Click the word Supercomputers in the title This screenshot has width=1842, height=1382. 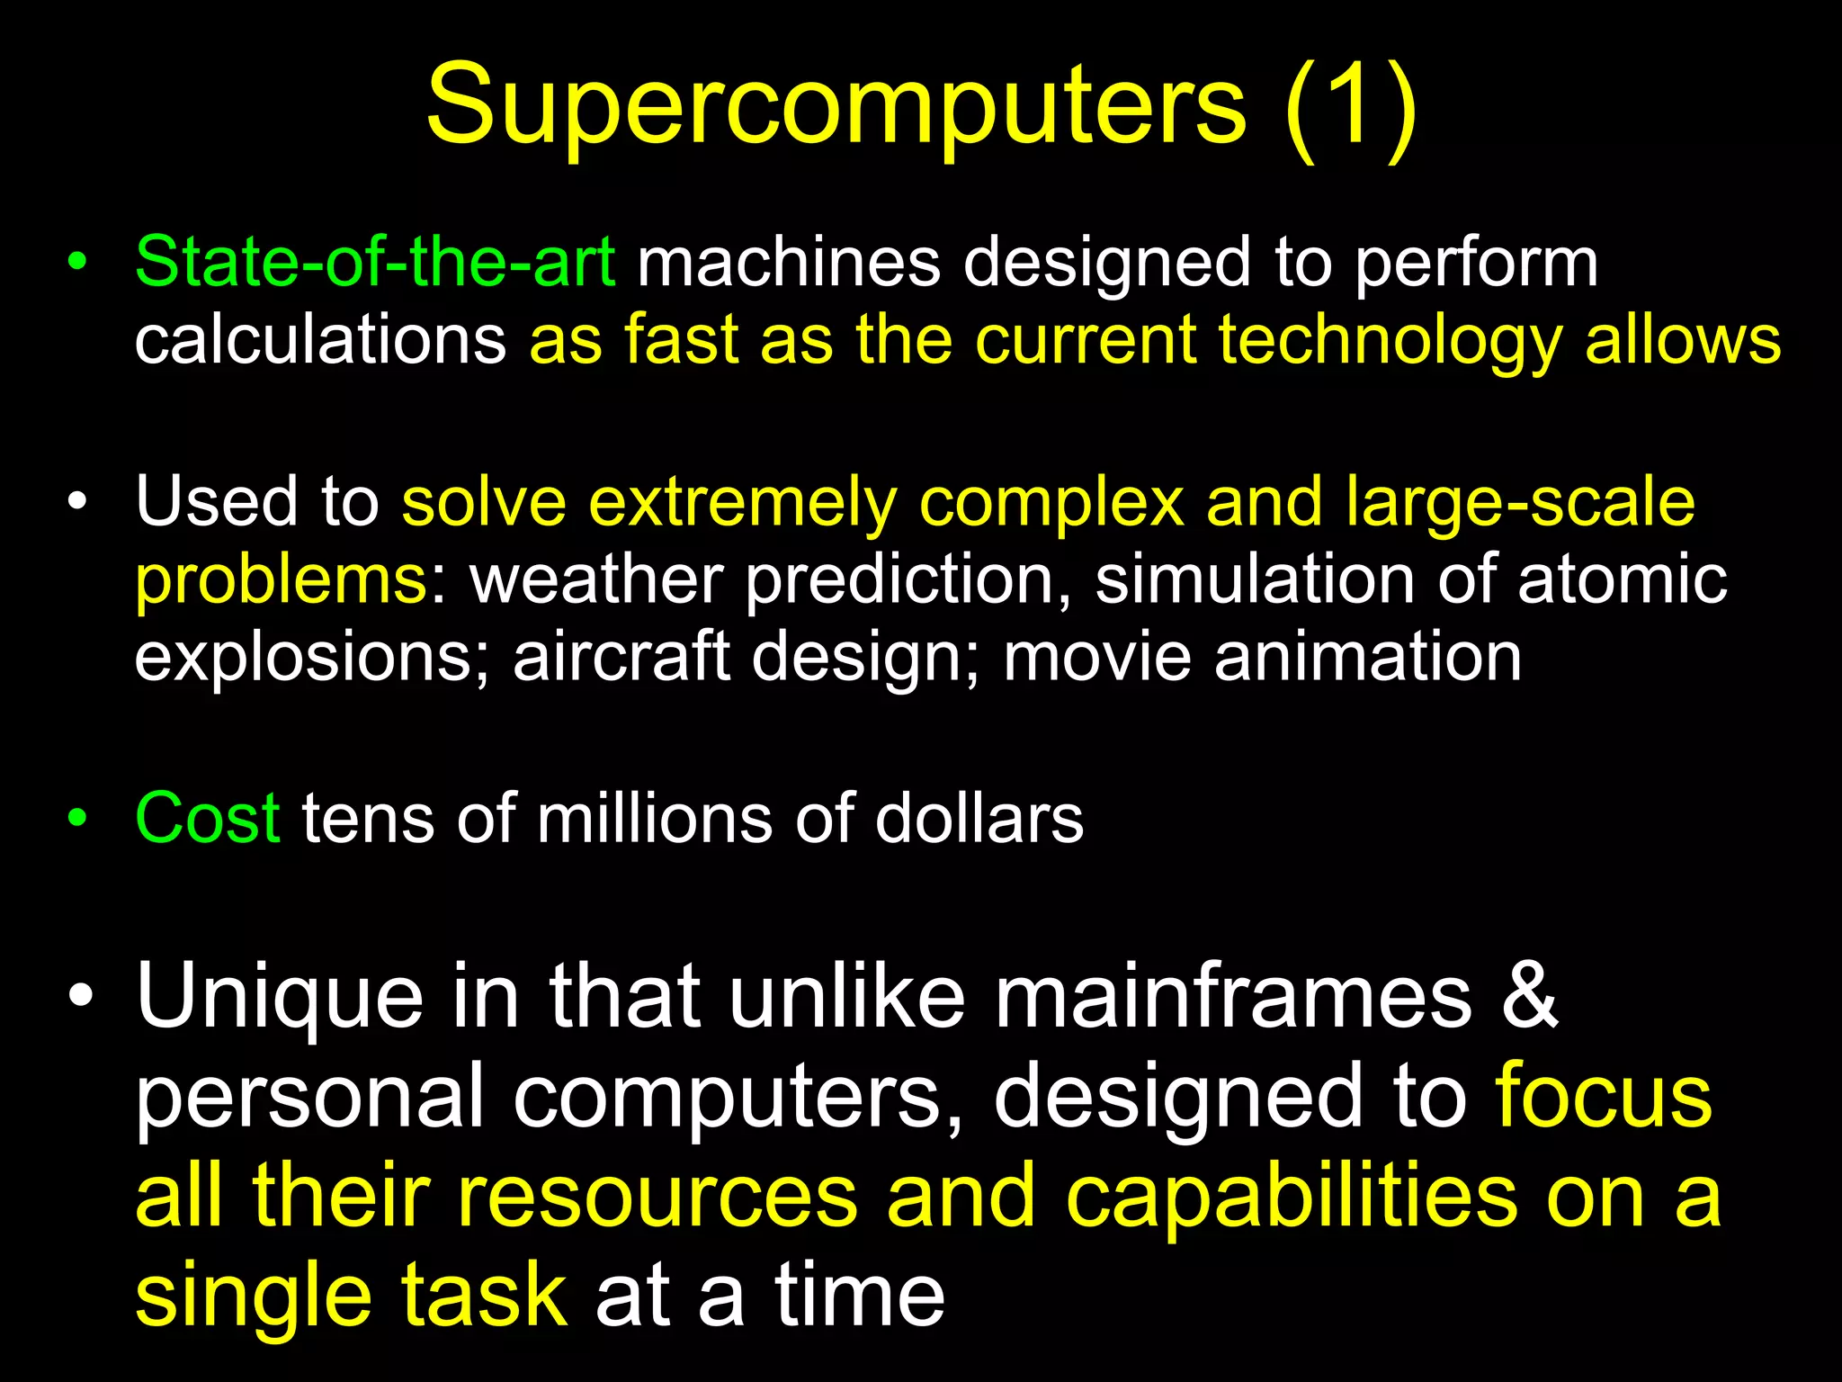pyautogui.click(x=836, y=108)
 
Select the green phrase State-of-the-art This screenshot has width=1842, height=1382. pyautogui.click(x=375, y=263)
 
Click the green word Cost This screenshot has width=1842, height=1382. pyautogui.click(x=208, y=819)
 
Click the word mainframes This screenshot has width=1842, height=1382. pyautogui.click(x=1232, y=996)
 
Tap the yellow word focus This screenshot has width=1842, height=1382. pyautogui.click(x=1604, y=1096)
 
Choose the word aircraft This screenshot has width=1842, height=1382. pyautogui.click(x=621, y=658)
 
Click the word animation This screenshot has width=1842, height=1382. pyautogui.click(x=1367, y=658)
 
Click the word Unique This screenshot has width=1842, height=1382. pyautogui.click(x=280, y=996)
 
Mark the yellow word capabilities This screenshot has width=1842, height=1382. pyautogui.click(x=1292, y=1196)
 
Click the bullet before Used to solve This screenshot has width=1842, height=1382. pyautogui.click(x=78, y=502)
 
